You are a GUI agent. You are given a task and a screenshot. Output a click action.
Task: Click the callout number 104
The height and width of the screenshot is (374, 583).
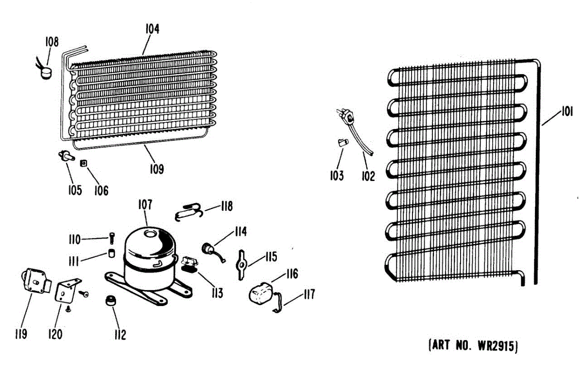coord(152,29)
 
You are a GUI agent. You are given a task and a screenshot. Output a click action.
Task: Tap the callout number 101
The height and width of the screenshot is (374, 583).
coord(565,113)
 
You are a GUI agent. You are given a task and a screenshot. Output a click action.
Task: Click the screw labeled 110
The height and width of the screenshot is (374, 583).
coord(112,238)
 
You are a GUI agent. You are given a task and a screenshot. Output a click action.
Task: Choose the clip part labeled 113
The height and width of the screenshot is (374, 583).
coord(188,265)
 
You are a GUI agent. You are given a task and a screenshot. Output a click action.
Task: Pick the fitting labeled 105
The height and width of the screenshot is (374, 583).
coord(65,155)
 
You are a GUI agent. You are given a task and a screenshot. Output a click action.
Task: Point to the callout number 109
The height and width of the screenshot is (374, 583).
coord(156,169)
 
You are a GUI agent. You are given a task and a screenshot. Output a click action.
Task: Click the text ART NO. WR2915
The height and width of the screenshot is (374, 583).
coord(473,346)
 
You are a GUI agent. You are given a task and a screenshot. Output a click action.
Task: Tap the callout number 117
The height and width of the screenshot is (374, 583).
coord(309,294)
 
